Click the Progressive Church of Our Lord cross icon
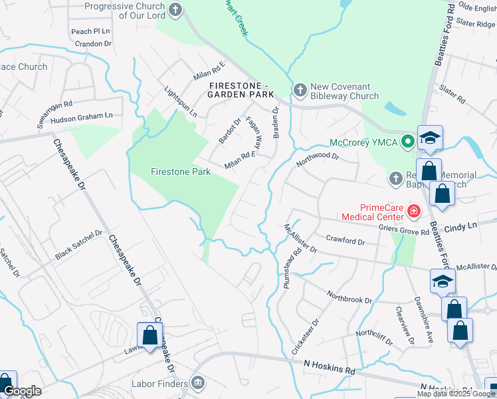click(x=175, y=9)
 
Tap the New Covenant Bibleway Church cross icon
click(x=300, y=90)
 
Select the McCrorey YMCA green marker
click(x=408, y=141)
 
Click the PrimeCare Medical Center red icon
click(x=414, y=211)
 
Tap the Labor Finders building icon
click(x=197, y=382)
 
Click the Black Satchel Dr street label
click(x=79, y=245)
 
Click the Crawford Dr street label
click(x=346, y=238)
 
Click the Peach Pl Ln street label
click(x=90, y=31)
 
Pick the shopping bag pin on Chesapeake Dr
click(x=149, y=334)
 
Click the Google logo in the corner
click(x=23, y=391)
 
